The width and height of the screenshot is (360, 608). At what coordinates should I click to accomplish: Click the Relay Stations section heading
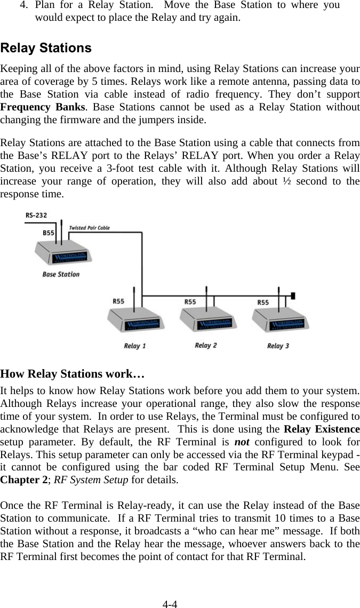(x=46, y=48)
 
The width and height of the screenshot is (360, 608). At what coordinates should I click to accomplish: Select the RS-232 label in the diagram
(x=36, y=215)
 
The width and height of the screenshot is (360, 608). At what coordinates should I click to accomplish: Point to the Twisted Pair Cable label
(x=90, y=228)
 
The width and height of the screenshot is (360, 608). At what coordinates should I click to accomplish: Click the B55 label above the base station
(x=49, y=233)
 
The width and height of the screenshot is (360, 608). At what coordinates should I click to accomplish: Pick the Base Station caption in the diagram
(x=61, y=274)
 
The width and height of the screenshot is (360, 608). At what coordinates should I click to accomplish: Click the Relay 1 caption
(x=135, y=346)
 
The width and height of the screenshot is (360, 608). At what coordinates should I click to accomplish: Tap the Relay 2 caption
(x=206, y=346)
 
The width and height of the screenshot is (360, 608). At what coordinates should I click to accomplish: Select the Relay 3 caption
(x=278, y=346)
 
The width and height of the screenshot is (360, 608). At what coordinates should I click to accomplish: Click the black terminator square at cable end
(x=293, y=295)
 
